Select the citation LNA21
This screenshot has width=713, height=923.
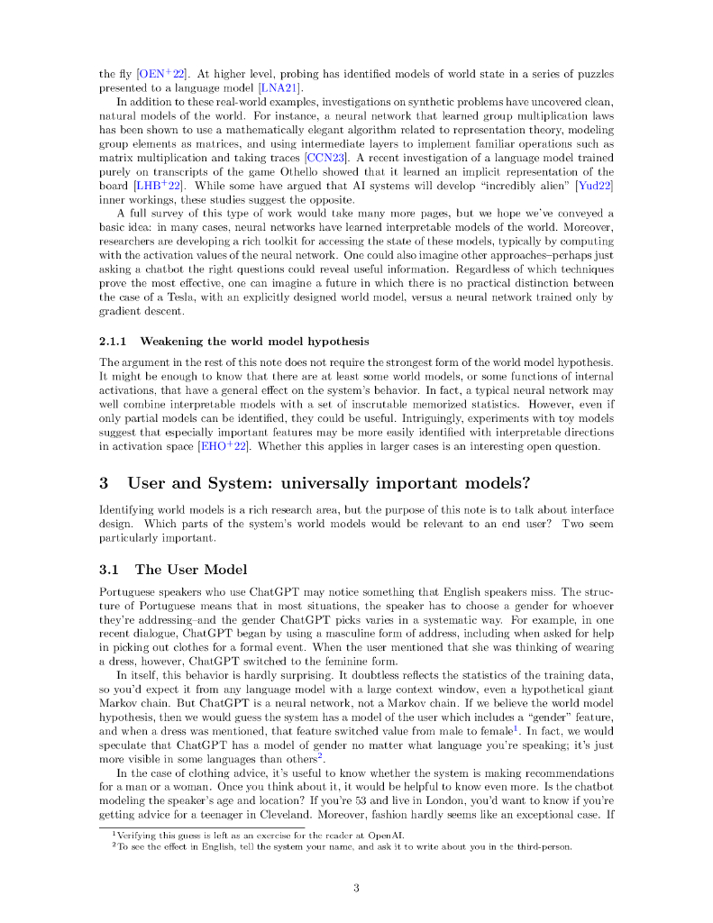point(279,87)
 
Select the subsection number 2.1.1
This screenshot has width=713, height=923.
point(113,342)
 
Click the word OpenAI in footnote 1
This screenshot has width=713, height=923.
point(389,836)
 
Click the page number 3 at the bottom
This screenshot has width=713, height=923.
point(356,888)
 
